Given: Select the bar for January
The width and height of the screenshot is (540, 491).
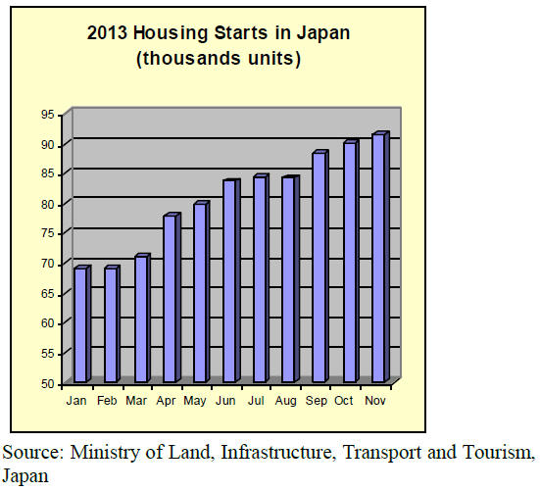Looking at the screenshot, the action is (82, 323).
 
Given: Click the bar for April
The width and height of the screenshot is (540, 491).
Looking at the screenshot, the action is (172, 298).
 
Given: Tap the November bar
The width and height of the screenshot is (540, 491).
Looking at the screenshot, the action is (381, 257).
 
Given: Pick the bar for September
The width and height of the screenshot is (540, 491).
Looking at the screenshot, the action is (320, 267).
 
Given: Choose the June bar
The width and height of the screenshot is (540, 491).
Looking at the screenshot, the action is (231, 280).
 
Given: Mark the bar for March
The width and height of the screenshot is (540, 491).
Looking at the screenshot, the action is (142, 318).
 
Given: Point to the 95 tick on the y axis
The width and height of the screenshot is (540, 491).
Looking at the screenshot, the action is (47, 115).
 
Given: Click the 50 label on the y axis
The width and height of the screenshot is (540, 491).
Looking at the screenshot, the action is (47, 384).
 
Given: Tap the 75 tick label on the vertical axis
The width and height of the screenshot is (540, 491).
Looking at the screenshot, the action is (47, 233).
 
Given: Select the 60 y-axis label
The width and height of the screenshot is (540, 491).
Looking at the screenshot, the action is (47, 323).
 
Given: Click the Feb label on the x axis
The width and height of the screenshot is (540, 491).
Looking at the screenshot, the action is (107, 401).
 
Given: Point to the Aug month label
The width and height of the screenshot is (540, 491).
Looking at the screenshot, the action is (285, 401).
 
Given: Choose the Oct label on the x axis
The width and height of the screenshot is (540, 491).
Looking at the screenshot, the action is (344, 401).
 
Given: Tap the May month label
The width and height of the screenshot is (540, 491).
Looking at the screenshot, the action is (195, 401).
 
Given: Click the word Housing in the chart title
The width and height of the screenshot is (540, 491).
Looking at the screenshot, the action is (171, 33).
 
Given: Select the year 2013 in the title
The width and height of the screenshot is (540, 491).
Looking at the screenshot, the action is (107, 33).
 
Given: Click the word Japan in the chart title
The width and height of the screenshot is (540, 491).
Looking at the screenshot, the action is (323, 33).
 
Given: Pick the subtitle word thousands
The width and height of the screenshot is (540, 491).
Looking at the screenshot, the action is (191, 58).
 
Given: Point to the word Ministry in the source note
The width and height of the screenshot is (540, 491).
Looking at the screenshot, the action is (105, 453).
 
